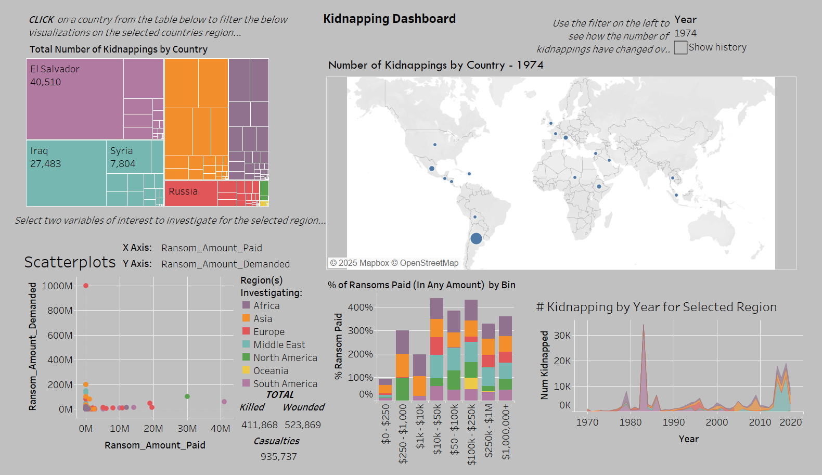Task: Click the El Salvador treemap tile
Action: [x=75, y=99]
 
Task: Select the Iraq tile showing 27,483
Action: [x=66, y=173]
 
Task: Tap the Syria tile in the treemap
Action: [x=129, y=157]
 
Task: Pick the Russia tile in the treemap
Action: [x=190, y=192]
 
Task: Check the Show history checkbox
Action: [x=680, y=47]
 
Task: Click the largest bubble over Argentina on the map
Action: [x=476, y=238]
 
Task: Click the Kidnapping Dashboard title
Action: [x=389, y=19]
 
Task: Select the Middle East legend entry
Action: [x=279, y=344]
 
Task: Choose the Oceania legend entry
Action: [x=271, y=370]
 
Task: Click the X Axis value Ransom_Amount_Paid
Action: [x=211, y=248]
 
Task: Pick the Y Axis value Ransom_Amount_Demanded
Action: [x=225, y=264]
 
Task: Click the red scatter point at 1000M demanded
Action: [x=86, y=286]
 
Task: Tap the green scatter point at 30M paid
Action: [x=187, y=396]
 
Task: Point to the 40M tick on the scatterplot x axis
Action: [x=220, y=428]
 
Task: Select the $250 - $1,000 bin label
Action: [x=403, y=433]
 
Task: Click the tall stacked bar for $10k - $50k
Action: [x=436, y=349]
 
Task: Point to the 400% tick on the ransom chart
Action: [x=360, y=307]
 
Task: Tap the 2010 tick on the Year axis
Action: [x=760, y=422]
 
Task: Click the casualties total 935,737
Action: [x=278, y=456]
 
